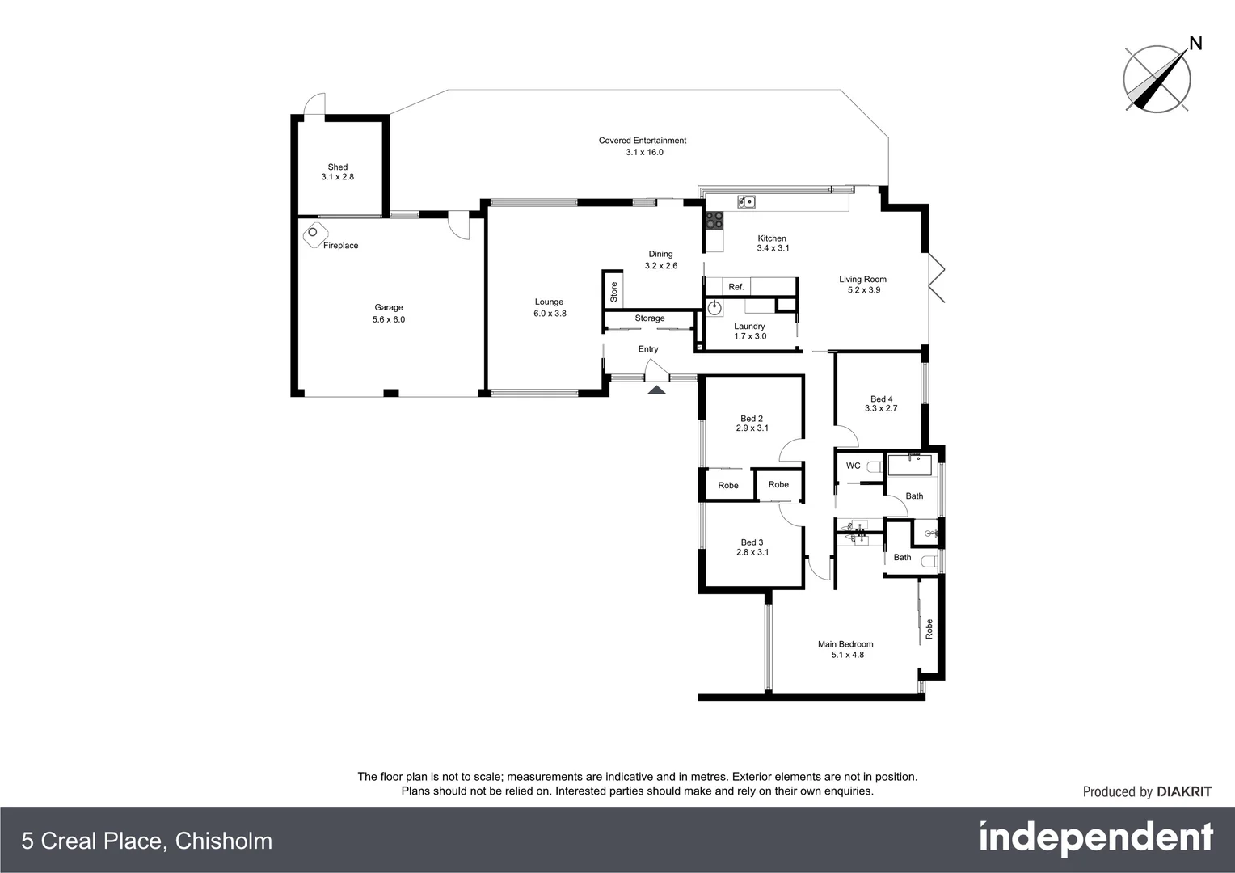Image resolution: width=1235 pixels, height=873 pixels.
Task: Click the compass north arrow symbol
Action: pos(1157,78)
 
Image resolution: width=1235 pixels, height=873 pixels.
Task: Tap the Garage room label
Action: pos(389,307)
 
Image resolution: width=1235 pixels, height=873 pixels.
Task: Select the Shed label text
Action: pos(338,167)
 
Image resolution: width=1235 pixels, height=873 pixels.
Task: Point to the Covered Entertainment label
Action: pos(643,141)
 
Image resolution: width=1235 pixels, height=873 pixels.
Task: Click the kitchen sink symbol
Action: pos(746,202)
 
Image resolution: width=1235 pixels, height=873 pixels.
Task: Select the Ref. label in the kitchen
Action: pos(736,287)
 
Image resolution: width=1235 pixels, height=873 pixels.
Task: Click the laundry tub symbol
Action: pos(715,307)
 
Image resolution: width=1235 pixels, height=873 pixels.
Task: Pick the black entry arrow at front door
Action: pos(656,390)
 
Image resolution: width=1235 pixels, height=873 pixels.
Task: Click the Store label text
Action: pos(613,291)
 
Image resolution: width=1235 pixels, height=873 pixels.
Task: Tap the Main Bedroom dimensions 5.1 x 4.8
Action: pos(847,655)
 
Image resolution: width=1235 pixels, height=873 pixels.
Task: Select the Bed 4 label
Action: pos(881,399)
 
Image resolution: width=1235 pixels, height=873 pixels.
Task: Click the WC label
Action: pos(853,466)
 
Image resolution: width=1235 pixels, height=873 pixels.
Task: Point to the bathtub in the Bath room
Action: pos(910,466)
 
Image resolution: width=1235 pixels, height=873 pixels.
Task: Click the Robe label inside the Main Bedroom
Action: pos(929,629)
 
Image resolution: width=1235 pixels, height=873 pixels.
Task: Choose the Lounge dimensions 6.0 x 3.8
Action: pos(550,314)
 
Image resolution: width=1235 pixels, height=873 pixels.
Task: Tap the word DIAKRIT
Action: pos(1184,792)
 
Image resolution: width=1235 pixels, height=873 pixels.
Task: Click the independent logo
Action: pos(1096,838)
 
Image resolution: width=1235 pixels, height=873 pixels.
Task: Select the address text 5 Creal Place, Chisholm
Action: pos(147,841)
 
